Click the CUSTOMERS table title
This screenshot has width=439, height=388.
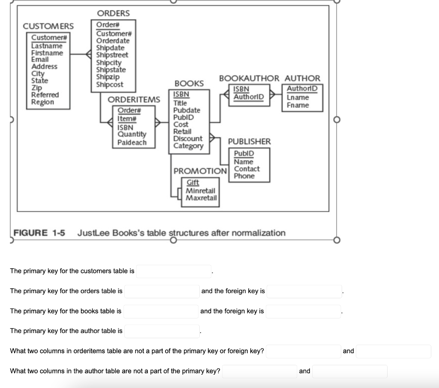click(48, 27)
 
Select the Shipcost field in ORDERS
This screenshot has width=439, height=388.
click(109, 85)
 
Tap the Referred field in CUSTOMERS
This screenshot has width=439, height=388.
click(45, 95)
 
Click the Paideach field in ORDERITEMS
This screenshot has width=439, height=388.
click(132, 142)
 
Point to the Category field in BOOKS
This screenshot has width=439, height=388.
click(188, 146)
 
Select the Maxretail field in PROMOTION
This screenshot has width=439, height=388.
click(201, 198)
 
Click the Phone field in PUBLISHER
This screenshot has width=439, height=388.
click(244, 176)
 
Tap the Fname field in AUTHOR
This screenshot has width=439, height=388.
click(298, 105)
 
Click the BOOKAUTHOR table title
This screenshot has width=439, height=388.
click(249, 79)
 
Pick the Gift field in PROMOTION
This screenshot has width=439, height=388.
click(193, 182)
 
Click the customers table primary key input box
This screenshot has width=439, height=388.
click(174, 271)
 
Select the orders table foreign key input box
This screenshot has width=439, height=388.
click(304, 291)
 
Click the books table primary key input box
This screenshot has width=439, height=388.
click(162, 311)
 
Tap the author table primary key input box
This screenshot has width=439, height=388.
click(162, 331)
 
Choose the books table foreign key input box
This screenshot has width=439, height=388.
click(303, 311)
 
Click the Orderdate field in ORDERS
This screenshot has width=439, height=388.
click(113, 41)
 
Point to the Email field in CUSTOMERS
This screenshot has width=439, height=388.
click(40, 60)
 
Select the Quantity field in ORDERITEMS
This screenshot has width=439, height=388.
click(132, 135)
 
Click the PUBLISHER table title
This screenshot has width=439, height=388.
click(249, 142)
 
